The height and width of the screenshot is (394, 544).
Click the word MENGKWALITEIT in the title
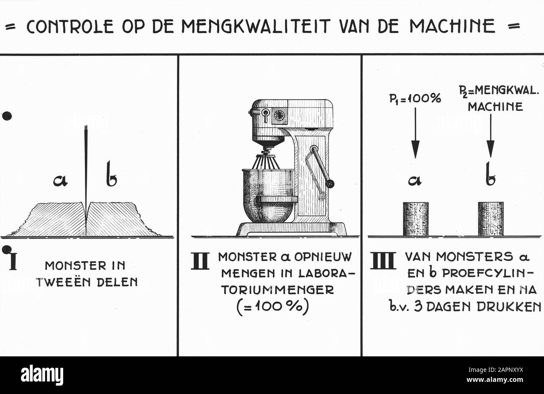(256, 26)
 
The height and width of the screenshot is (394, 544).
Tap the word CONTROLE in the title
(70, 26)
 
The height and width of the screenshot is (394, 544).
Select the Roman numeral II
(200, 261)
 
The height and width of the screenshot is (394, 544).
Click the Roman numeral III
(383, 261)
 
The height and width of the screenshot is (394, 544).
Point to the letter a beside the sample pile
(60, 180)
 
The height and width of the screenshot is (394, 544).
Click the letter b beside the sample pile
(111, 174)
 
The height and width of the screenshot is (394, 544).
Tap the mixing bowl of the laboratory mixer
(269, 195)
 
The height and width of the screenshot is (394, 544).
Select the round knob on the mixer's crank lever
(330, 184)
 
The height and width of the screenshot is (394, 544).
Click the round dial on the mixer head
(279, 115)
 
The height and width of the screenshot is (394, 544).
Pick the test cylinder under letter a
(416, 219)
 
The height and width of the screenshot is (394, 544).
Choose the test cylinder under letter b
(490, 218)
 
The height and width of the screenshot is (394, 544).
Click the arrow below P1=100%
(415, 133)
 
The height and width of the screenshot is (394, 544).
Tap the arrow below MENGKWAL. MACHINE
(490, 136)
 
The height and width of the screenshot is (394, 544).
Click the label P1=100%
(415, 99)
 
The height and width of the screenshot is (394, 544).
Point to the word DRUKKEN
(509, 307)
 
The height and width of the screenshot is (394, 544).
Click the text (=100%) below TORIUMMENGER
(272, 307)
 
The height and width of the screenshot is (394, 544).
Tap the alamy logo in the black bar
(42, 375)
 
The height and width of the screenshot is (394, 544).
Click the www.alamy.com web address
(495, 380)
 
